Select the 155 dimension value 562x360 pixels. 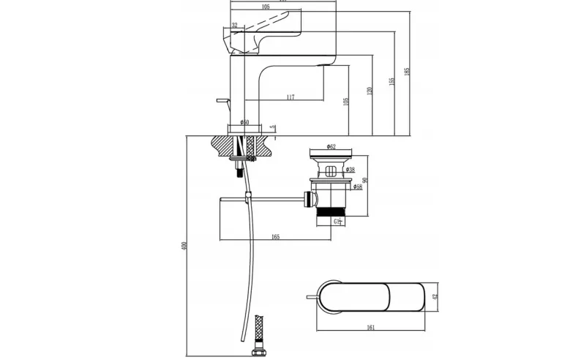391,80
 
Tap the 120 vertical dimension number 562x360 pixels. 370,90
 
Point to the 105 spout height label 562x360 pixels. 346,100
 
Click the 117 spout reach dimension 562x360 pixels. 291,97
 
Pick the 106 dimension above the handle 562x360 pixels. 265,7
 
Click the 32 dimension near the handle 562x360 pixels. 234,26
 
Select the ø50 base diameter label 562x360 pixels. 244,122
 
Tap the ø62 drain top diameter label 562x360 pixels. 330,147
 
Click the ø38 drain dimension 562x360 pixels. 351,170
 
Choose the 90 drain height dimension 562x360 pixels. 364,180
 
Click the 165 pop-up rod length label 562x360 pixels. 275,237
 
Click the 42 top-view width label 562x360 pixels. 434,296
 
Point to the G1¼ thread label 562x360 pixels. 339,220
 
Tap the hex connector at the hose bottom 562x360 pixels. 258,354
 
